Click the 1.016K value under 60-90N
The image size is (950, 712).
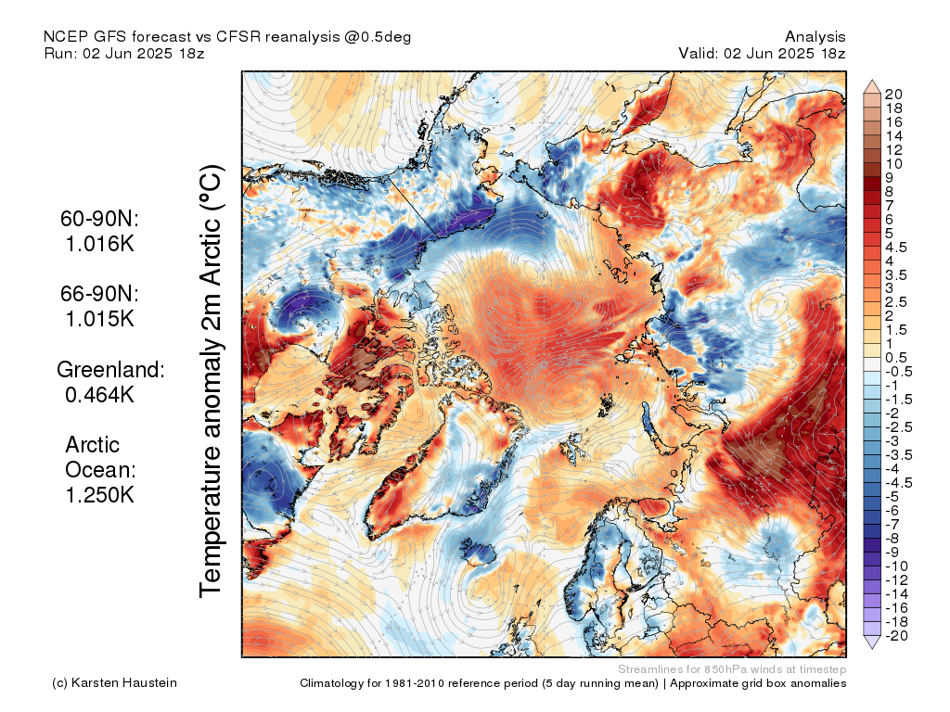99,245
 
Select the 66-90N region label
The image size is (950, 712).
99,294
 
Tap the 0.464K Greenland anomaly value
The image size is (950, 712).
100,394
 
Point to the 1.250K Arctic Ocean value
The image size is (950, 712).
100,494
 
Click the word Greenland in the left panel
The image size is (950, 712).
111,369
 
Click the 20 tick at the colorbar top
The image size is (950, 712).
894,94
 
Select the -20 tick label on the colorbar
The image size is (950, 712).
896,635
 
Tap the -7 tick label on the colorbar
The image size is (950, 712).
892,524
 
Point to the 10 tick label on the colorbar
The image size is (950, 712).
894,163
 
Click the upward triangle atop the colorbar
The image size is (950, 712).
872,86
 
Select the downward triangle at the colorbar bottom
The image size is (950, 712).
872,642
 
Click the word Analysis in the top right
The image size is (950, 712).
815,36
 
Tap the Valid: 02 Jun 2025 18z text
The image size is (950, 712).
762,53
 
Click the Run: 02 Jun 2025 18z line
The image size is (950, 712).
124,53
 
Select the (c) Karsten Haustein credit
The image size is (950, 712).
115,683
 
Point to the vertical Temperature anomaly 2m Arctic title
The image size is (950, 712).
212,380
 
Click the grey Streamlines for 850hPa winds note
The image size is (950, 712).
731,668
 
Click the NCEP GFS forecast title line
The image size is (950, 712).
227,36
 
